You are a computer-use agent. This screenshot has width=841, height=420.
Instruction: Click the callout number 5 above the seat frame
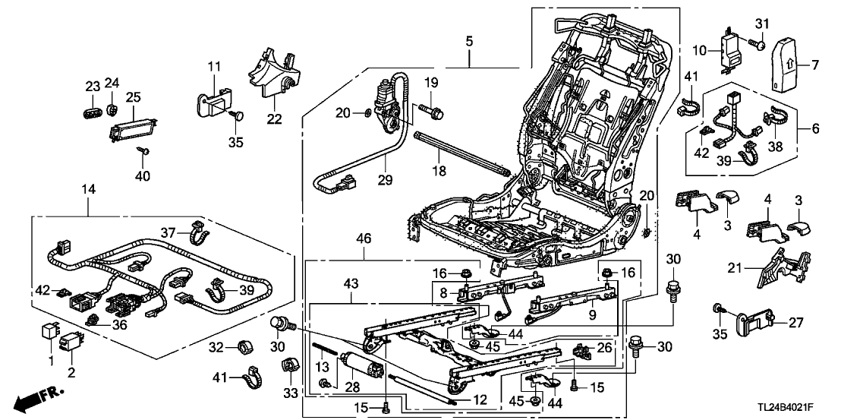pos(470,39)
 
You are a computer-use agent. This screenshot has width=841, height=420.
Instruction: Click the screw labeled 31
pos(758,46)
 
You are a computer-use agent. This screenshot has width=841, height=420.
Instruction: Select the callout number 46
pos(365,238)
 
